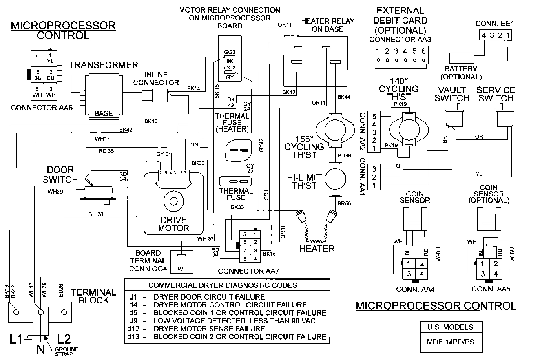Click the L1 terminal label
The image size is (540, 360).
point(16,338)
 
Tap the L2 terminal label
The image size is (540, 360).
point(64,338)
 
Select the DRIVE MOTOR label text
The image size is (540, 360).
point(173,224)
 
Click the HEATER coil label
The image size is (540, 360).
point(317,249)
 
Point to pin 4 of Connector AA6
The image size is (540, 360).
point(38,56)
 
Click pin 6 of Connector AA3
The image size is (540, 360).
point(423,51)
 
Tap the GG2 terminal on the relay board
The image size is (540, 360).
point(230,53)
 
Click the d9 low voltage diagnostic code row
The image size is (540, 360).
point(228,321)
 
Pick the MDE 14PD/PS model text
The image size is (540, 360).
point(450,342)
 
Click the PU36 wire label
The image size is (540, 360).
point(344,156)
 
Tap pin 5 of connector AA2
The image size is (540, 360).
point(374,117)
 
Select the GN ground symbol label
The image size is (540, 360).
point(194,144)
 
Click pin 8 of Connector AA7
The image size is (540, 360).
point(244,258)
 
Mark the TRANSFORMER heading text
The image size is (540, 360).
point(104,65)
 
